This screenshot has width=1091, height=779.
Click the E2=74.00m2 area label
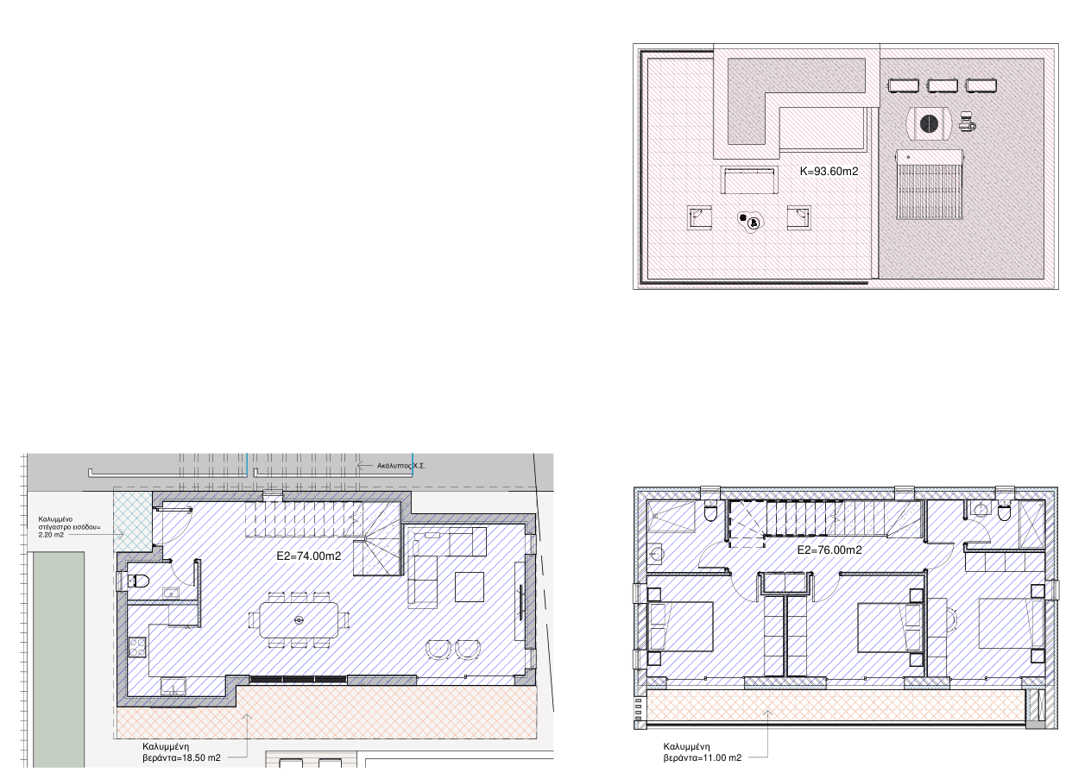click(308, 556)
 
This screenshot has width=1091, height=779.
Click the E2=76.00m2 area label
click(829, 550)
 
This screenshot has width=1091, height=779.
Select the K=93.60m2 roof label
click(829, 171)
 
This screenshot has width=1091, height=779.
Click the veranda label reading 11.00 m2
click(702, 752)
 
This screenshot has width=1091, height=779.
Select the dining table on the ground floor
click(299, 619)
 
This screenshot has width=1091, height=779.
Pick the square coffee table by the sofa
click(470, 587)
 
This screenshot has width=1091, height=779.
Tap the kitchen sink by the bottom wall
click(173, 687)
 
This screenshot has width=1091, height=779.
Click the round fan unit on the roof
click(929, 123)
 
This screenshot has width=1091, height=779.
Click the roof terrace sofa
click(749, 181)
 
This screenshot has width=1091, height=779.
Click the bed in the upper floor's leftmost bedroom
click(680, 626)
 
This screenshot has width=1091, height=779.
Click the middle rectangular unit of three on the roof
click(942, 85)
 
